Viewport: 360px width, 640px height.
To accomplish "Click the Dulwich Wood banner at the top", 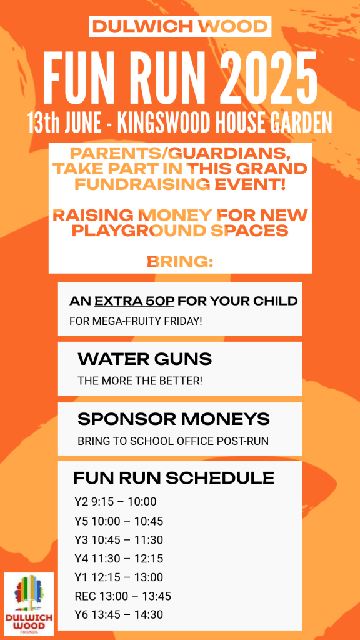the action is coord(180,26).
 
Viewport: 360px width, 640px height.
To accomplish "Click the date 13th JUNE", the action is coord(64,122).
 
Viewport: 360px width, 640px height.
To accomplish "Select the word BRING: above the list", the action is coord(180,262).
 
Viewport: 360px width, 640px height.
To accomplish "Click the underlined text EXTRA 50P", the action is coord(134,302).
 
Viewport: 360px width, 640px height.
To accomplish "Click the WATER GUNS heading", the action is coord(145,359).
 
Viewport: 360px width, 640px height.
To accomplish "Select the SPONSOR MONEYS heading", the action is coord(174,419).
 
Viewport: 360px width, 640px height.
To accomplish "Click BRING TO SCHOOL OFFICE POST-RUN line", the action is coord(173,442).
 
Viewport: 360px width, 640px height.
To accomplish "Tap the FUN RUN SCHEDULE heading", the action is coord(174,478).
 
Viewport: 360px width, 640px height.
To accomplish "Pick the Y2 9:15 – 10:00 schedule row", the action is coord(116,502).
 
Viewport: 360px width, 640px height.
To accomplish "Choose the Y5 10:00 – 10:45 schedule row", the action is coord(119,521).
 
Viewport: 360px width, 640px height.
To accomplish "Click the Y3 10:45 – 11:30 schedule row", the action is coord(119,540).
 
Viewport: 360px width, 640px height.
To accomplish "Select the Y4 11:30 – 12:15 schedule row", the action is coord(119,558).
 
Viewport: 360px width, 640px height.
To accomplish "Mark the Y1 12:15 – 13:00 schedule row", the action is coord(119,577).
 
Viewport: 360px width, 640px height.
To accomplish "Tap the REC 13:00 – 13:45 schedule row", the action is coord(123,596).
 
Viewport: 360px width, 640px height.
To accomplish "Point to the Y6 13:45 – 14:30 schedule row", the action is coord(119,614).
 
